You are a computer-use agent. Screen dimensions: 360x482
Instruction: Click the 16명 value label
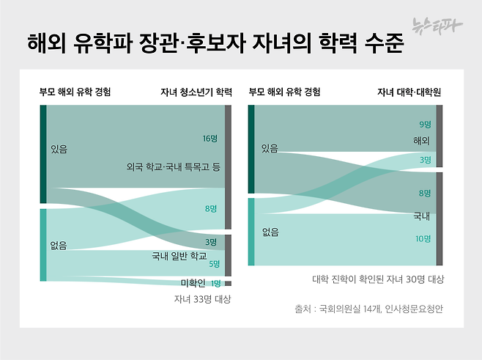click(210, 138)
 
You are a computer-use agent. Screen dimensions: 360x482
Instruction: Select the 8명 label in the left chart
click(211, 208)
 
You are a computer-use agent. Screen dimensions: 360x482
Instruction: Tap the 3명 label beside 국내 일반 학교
click(210, 242)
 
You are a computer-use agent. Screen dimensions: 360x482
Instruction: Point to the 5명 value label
click(214, 263)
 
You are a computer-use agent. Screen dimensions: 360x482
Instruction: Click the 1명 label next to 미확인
click(215, 283)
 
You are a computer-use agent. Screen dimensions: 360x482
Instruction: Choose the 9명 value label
click(425, 124)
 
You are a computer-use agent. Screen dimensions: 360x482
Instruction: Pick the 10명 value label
click(423, 238)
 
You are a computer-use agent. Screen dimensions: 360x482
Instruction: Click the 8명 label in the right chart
click(425, 193)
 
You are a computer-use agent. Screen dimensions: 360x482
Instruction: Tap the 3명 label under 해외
click(425, 159)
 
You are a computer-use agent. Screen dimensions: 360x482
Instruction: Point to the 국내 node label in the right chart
click(421, 216)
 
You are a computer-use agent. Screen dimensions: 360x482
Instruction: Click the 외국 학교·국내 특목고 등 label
click(173, 168)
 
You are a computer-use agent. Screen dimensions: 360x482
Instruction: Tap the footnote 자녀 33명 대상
click(202, 298)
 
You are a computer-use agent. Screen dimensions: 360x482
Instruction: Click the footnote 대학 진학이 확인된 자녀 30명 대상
click(378, 279)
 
